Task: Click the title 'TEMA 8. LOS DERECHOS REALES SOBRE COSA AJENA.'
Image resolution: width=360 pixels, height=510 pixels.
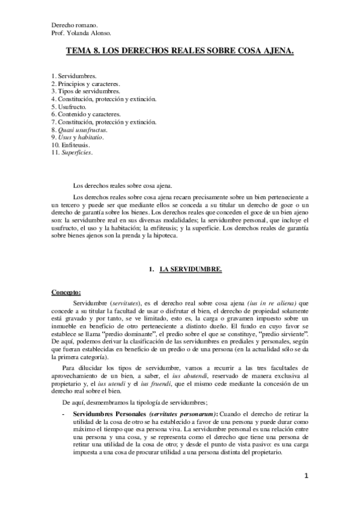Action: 180,53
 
